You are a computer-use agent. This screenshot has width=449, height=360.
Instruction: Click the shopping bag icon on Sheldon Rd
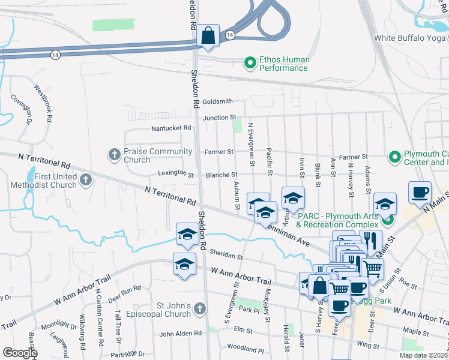pos(208,36)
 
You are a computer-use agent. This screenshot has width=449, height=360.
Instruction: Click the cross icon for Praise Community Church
pos(114,155)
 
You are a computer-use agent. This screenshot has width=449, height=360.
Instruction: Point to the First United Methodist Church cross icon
pos(86,179)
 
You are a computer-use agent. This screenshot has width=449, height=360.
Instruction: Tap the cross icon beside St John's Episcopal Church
pos(200,310)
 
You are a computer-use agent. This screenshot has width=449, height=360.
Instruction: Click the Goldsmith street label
pos(217,101)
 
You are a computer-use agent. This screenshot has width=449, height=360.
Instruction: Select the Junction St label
pos(220,118)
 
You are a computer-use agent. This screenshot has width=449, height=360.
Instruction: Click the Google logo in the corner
pos(20,353)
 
